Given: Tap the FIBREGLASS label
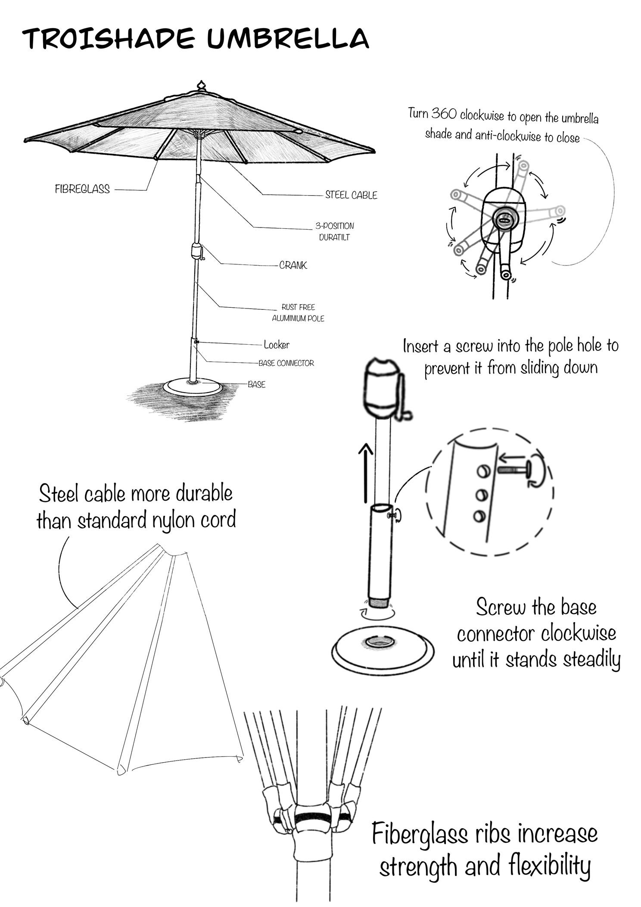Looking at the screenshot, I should click(x=82, y=189).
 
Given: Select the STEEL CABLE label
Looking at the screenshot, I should click(x=351, y=195).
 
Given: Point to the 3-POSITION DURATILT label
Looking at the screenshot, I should click(x=335, y=231).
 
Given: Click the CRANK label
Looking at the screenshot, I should click(x=293, y=265).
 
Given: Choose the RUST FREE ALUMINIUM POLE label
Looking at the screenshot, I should click(x=298, y=313).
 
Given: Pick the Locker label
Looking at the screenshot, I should click(x=277, y=345).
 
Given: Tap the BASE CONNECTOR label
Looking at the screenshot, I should click(x=286, y=363).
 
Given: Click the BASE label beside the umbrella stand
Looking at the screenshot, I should click(x=257, y=384).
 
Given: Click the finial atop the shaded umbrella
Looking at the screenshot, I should click(x=201, y=85).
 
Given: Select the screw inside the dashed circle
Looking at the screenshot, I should click(x=513, y=469).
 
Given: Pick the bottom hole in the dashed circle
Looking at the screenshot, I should click(x=479, y=515).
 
